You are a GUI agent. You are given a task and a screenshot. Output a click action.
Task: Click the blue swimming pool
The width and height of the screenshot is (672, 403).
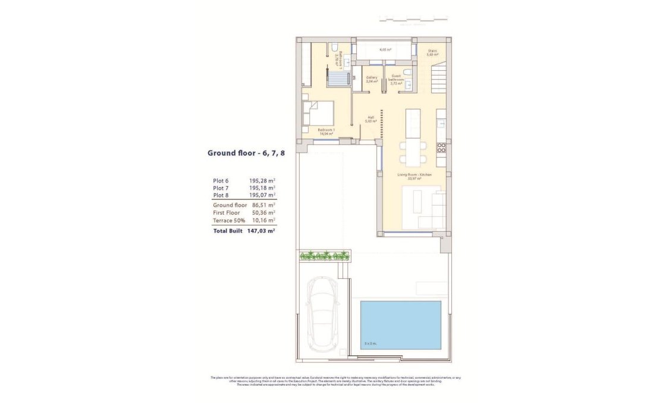point(400,325)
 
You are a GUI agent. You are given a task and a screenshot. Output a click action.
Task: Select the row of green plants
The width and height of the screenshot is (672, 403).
point(324,256)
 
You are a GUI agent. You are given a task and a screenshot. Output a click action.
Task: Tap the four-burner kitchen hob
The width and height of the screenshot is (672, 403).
point(441,147)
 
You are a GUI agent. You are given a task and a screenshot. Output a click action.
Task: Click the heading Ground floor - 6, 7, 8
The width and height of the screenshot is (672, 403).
point(246,153)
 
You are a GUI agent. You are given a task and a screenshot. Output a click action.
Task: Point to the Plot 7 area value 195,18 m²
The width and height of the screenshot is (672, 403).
point(262,188)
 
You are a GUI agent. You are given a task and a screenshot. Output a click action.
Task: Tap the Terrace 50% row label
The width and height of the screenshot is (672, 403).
point(230,221)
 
